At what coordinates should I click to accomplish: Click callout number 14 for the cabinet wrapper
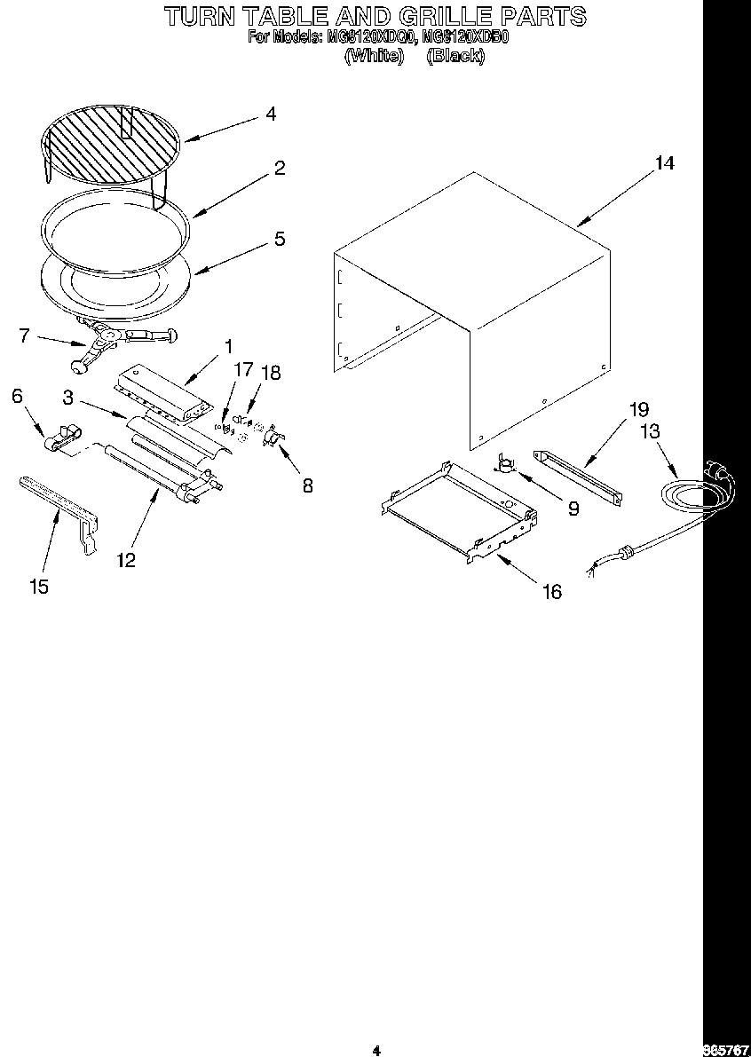(664, 163)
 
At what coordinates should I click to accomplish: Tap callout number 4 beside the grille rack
(270, 114)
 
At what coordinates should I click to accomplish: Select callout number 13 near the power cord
(650, 431)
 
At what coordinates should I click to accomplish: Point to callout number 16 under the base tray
(552, 592)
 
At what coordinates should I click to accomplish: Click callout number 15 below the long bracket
(38, 587)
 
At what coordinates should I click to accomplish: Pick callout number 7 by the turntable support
(25, 335)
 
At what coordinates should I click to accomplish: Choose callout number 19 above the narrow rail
(638, 409)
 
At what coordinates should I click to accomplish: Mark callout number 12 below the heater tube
(125, 560)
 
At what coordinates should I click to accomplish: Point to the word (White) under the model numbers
(374, 56)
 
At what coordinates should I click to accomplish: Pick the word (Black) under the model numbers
(455, 56)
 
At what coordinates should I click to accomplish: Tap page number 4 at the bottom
(376, 1051)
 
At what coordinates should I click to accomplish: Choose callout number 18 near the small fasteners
(270, 373)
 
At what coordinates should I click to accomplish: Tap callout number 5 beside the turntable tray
(279, 239)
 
